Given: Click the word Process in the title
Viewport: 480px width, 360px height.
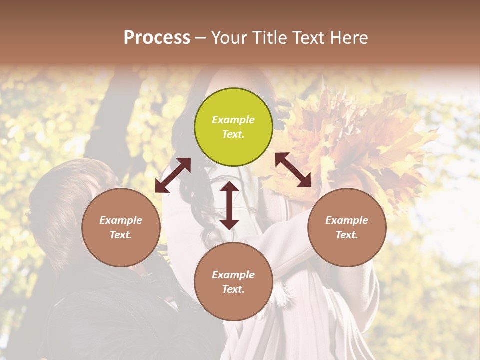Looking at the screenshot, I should [x=157, y=38].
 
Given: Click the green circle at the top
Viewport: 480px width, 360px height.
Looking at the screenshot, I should [x=233, y=127].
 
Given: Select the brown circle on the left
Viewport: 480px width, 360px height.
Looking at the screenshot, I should [x=121, y=227].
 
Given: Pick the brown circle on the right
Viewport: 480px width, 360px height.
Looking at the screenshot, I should [x=347, y=227].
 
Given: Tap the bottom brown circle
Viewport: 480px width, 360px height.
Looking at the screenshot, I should [x=233, y=282].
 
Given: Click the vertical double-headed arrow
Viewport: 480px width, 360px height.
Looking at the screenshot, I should [x=229, y=205].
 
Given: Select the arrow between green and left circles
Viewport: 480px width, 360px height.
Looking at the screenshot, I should [x=173, y=175].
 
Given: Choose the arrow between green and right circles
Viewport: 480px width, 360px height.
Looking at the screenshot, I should [x=293, y=170].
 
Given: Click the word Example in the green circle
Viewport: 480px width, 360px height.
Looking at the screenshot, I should [x=233, y=120].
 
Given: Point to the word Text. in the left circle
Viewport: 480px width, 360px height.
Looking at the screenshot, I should [x=121, y=235].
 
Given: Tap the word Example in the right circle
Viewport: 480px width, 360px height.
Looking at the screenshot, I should [x=347, y=220].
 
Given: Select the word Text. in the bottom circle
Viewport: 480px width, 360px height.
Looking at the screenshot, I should [x=233, y=289].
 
